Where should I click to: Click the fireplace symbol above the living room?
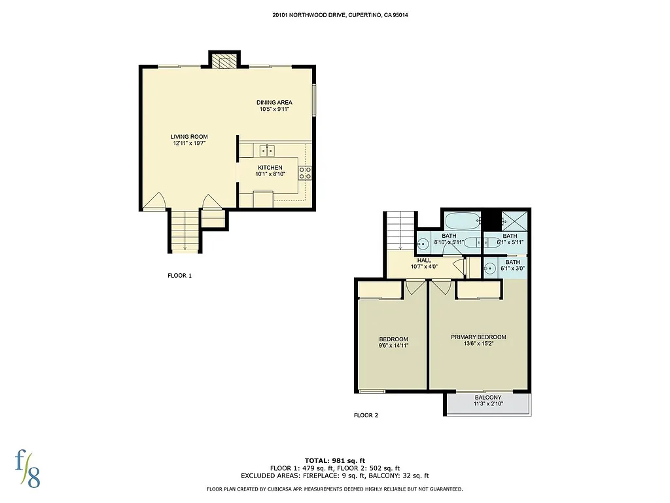tap(225, 62)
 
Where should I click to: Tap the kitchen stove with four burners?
tap(305, 173)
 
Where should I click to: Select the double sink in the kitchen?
tap(266, 151)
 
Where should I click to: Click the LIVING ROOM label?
tap(190, 136)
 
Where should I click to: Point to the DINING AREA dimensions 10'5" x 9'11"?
tap(274, 109)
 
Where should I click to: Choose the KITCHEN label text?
tap(270, 168)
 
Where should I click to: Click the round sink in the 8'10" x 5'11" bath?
tap(424, 244)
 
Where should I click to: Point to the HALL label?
tap(424, 259)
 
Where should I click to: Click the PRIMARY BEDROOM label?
tap(478, 337)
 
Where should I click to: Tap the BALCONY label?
tap(488, 398)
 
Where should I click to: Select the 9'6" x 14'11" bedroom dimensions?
tap(393, 346)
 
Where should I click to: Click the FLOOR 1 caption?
tap(180, 276)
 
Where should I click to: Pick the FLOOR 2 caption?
tap(366, 415)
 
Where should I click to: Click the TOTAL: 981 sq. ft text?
tap(334, 460)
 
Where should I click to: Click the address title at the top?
tap(334, 14)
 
